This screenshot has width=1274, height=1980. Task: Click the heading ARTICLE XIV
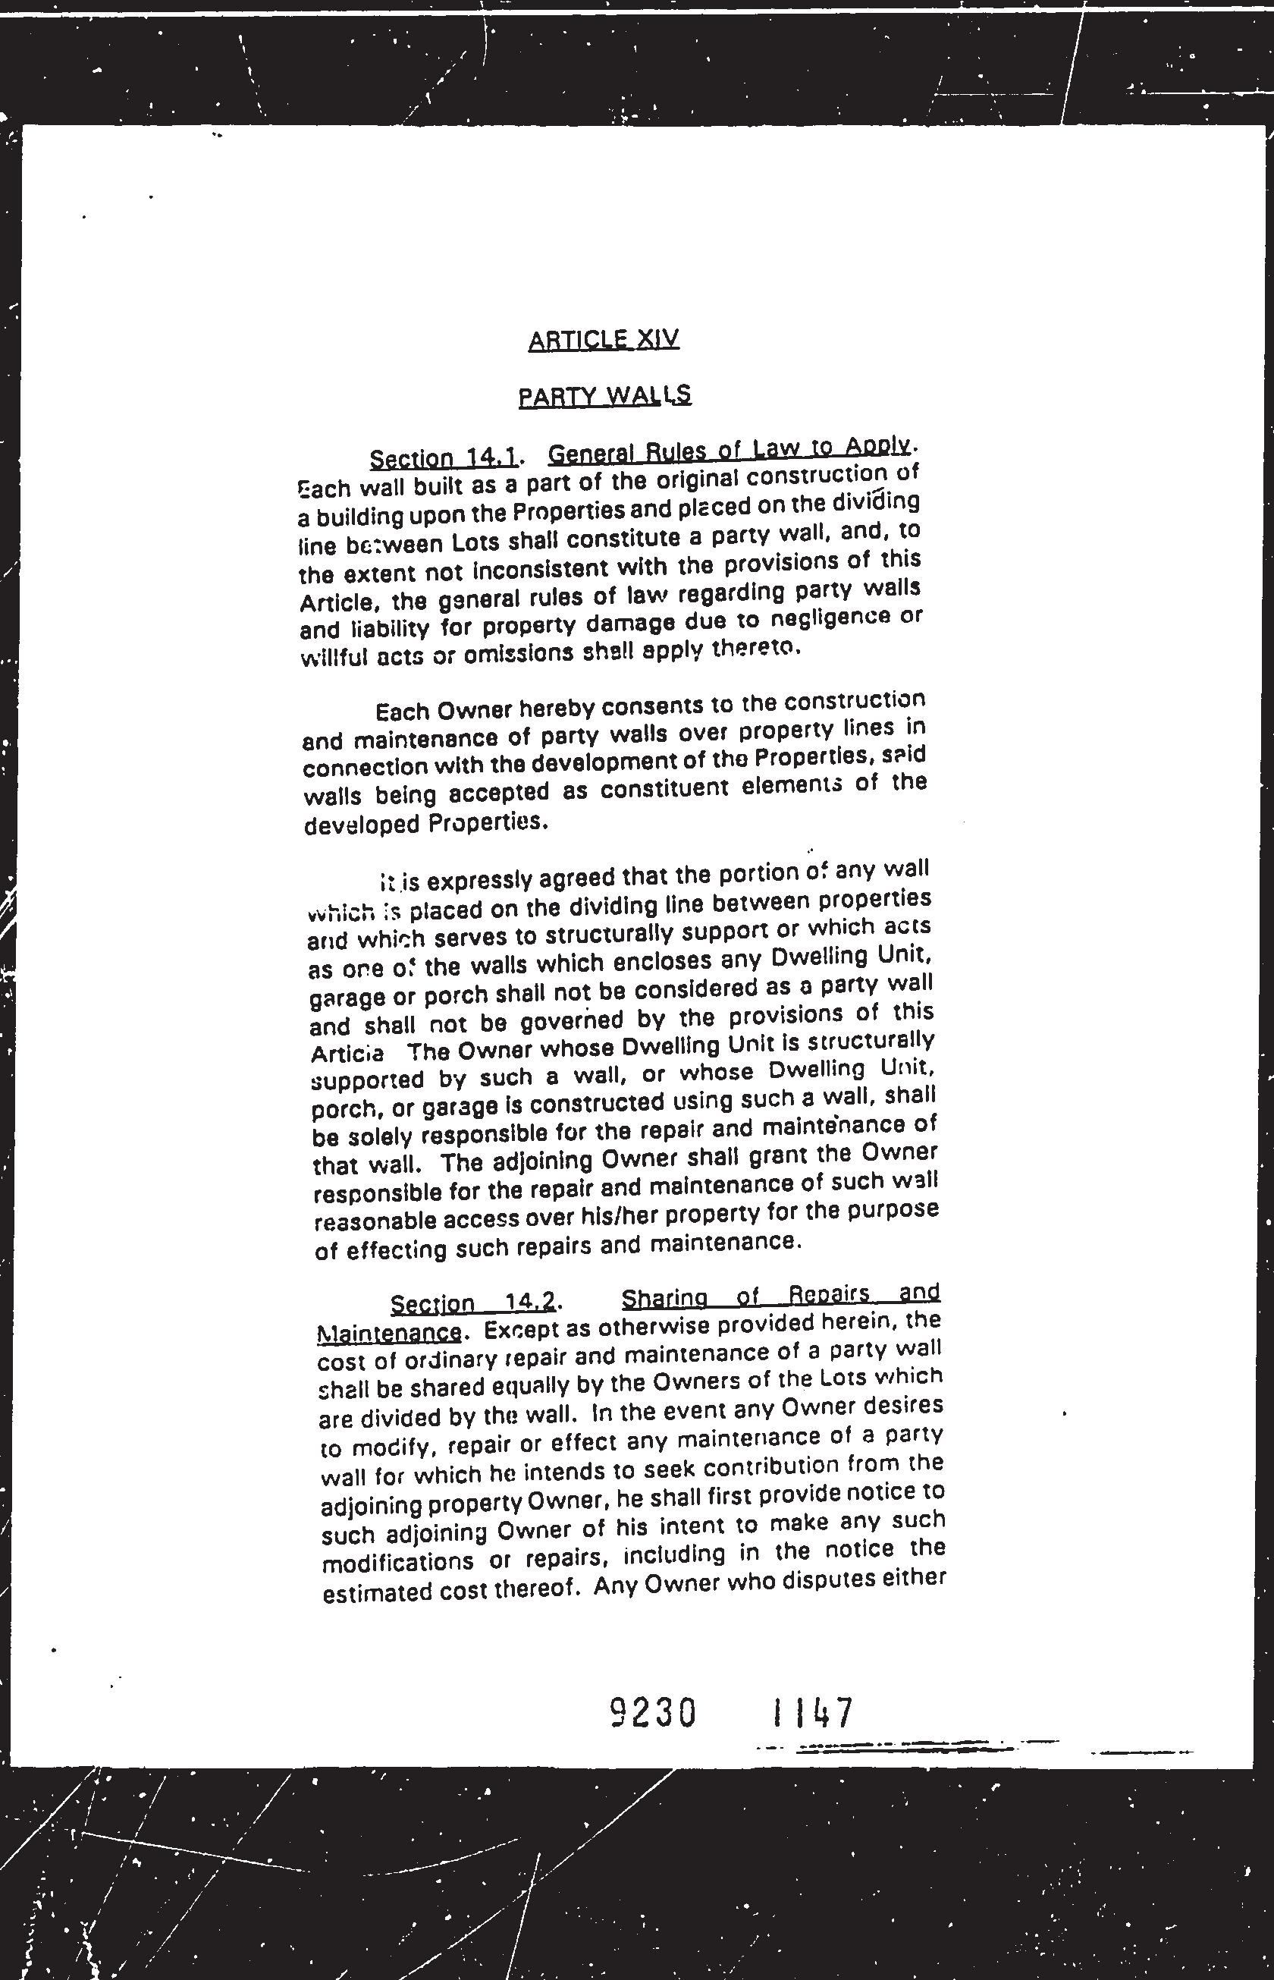[x=603, y=339]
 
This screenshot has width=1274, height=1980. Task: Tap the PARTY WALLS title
[x=604, y=396]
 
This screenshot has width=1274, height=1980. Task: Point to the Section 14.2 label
[x=472, y=1303]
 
